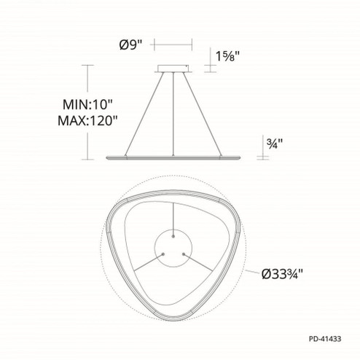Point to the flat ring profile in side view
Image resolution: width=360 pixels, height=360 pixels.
click(x=173, y=157)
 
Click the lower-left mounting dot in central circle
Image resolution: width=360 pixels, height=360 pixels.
click(x=163, y=251)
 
